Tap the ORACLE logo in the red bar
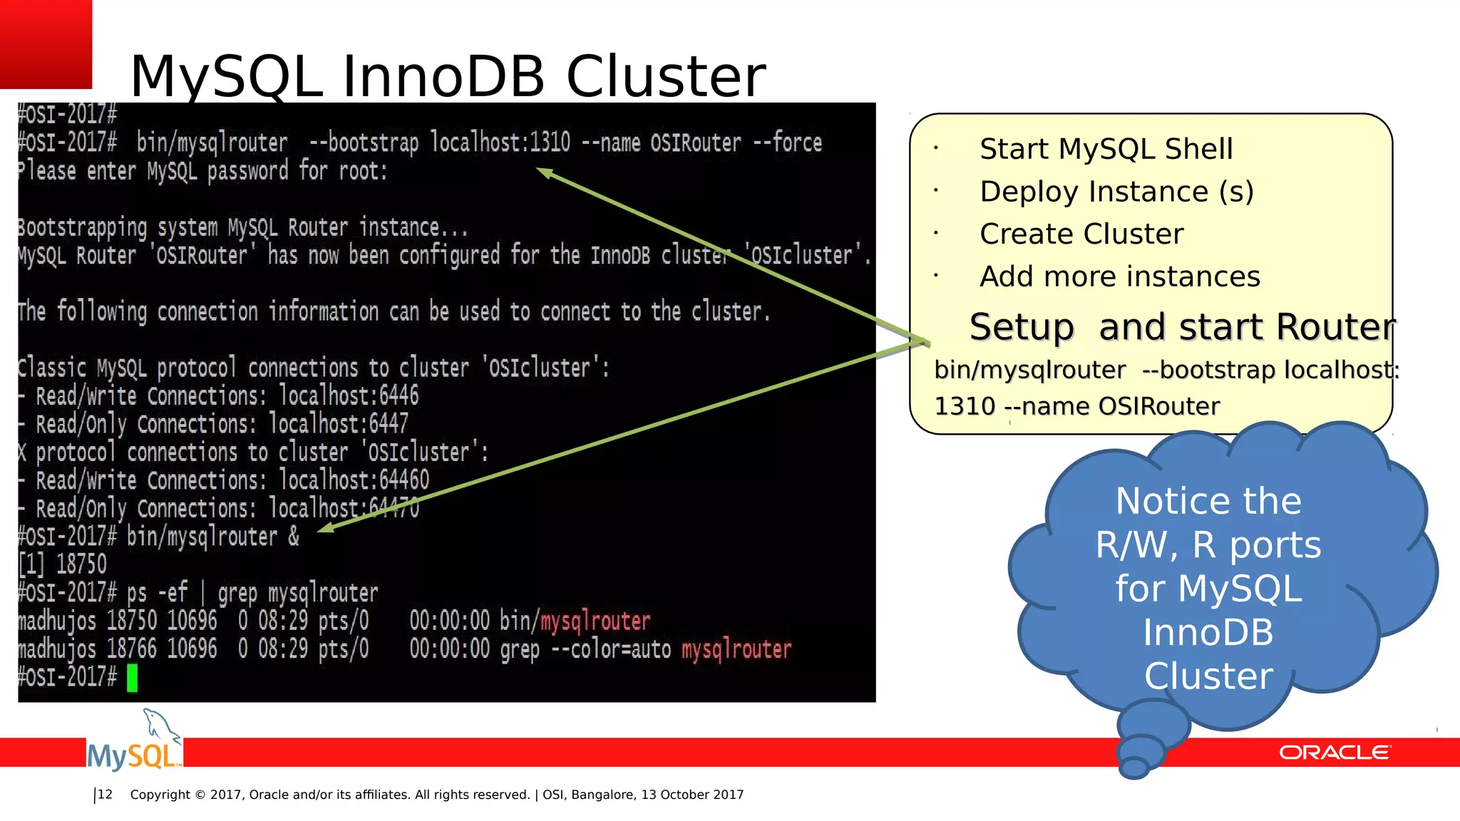tap(1334, 753)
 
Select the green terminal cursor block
tap(132, 678)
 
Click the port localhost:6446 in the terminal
tap(349, 396)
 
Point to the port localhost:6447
tap(339, 424)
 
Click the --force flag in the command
tap(788, 143)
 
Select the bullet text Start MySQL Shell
tap(1106, 149)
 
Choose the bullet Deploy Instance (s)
tap(1116, 192)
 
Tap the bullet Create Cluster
tap(1081, 234)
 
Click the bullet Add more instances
tap(1120, 277)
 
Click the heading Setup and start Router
tap(1182, 327)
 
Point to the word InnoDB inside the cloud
tap(1208, 632)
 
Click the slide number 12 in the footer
tap(105, 795)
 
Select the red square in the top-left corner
tap(46, 43)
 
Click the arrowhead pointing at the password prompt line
tap(543, 172)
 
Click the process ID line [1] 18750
tap(63, 564)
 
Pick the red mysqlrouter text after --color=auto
tap(736, 649)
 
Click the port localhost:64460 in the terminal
tap(354, 480)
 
